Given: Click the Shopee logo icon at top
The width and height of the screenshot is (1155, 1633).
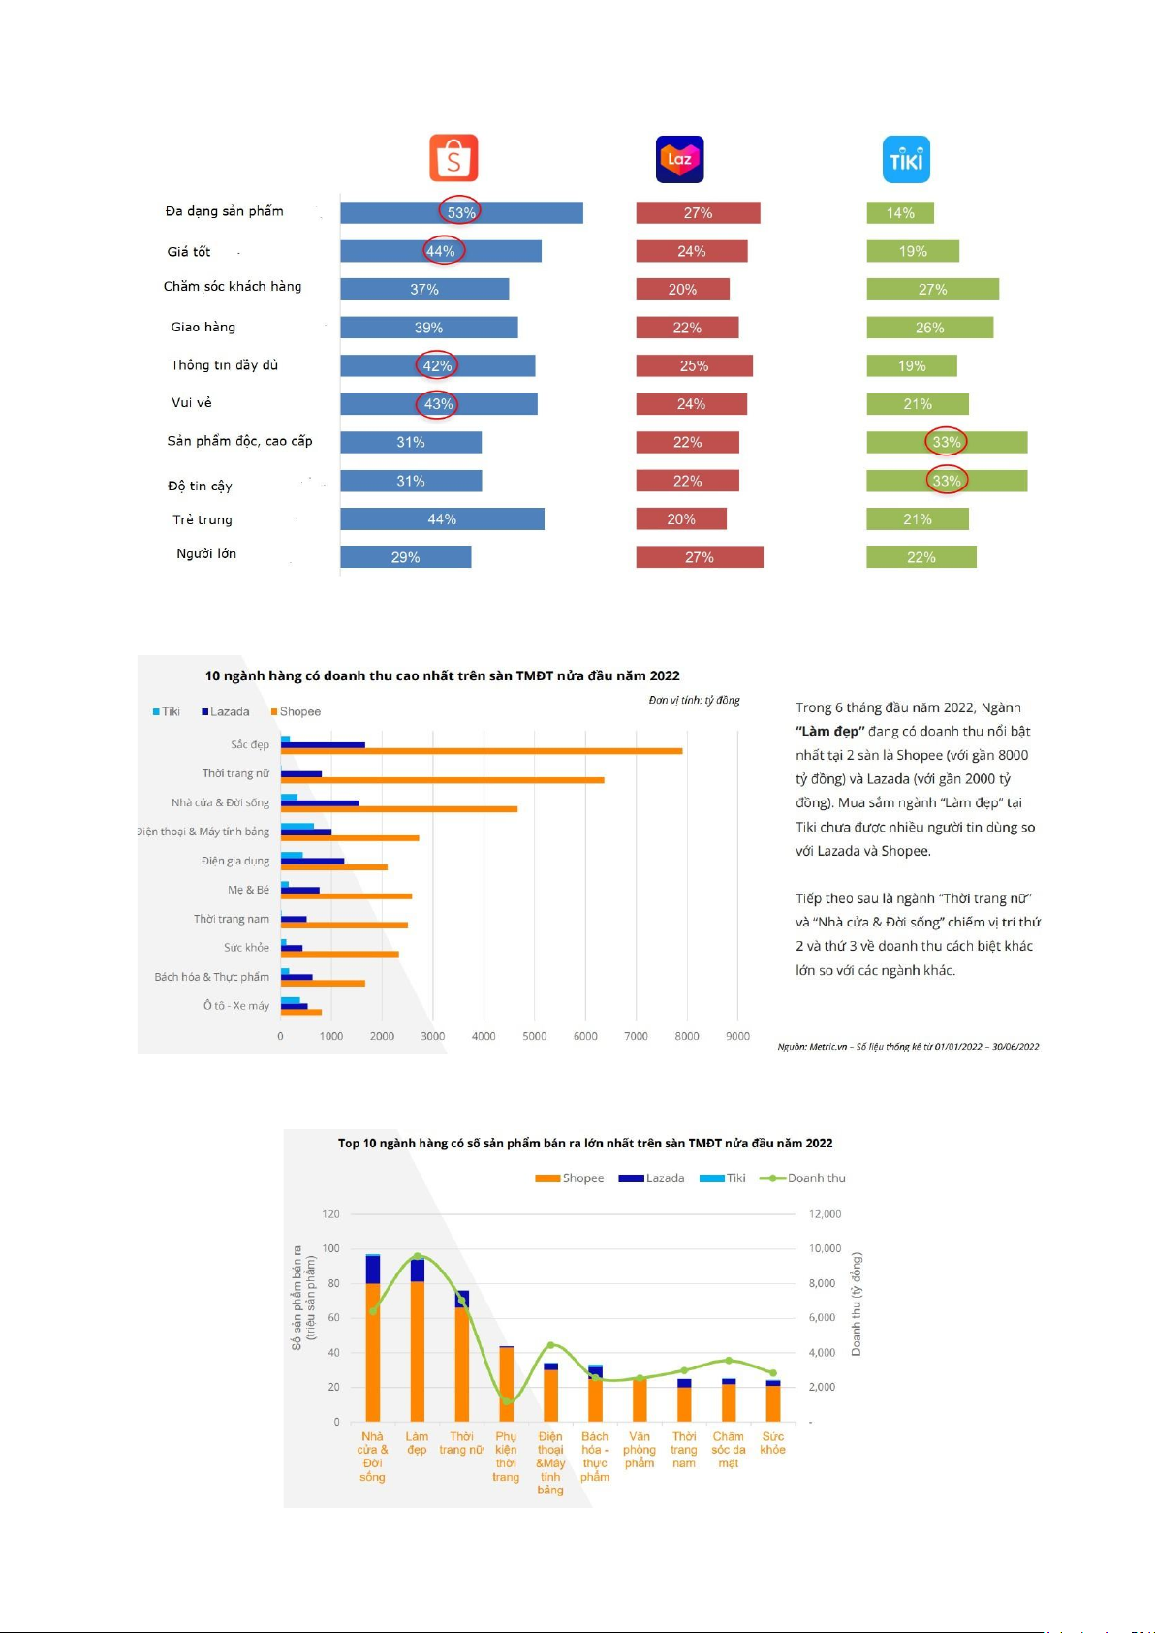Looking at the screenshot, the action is [453, 157].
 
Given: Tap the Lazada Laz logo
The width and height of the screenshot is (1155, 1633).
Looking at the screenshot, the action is [679, 159].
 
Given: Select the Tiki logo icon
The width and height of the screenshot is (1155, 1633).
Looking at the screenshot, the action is [906, 159].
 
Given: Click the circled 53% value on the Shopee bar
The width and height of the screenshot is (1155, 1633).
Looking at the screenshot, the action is [460, 212].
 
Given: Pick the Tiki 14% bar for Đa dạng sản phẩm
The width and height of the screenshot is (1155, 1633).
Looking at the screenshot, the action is [900, 213].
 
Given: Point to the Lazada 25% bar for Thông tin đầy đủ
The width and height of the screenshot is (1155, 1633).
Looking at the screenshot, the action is [695, 366].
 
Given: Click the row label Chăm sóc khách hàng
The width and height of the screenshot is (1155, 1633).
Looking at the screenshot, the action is [233, 287].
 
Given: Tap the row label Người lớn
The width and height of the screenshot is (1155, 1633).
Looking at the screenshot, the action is [206, 553].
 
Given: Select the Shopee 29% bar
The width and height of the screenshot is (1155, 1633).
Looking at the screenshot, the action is [406, 557].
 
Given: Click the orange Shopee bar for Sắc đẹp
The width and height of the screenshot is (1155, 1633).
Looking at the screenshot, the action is [482, 751].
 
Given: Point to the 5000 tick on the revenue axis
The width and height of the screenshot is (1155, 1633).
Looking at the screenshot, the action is [534, 1036].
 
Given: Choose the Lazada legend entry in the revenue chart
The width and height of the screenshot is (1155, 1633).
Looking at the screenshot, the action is [226, 711].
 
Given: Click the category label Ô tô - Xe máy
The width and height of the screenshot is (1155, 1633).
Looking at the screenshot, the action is [236, 1005].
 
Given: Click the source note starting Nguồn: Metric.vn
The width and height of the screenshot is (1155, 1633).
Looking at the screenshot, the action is [908, 1046].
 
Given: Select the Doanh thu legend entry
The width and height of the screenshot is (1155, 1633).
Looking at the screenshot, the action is [802, 1178].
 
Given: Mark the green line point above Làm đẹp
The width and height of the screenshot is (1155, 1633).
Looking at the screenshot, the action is [417, 1256].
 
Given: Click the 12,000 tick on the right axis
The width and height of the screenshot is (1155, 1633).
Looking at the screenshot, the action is [825, 1213].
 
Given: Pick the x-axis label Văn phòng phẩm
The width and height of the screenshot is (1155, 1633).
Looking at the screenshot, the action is [640, 1449].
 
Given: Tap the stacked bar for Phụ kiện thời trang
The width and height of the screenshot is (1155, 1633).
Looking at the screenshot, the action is [506, 1384].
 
